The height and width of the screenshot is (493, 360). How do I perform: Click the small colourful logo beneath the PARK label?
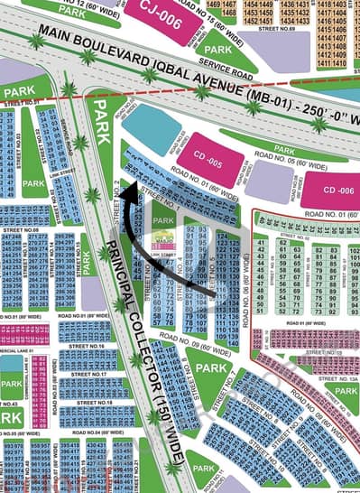[163, 239]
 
